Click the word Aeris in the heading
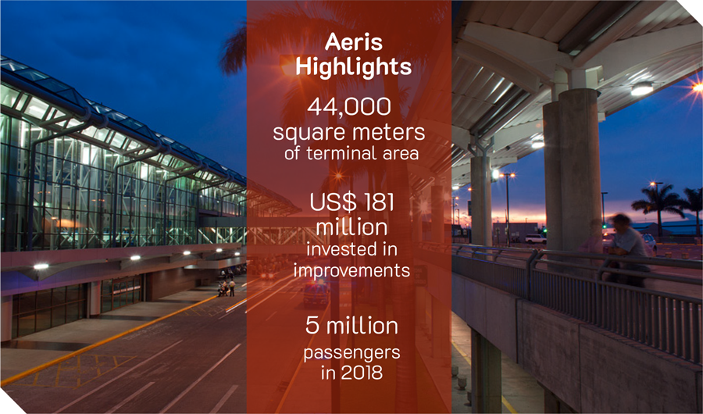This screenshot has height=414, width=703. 354,42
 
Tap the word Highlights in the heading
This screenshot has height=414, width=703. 353,67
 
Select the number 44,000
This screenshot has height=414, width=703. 349,107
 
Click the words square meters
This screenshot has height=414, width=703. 349,132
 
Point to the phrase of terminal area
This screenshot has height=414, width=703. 351,153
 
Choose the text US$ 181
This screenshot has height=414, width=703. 352,202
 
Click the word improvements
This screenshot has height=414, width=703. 352,270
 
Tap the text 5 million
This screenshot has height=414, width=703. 351,326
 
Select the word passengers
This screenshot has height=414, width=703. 351,353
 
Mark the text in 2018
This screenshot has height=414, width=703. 351,373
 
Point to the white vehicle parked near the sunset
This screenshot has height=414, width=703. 535,239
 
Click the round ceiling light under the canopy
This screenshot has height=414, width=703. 642,88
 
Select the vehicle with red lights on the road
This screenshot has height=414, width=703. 316,294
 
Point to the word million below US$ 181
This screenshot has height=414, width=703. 352,227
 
